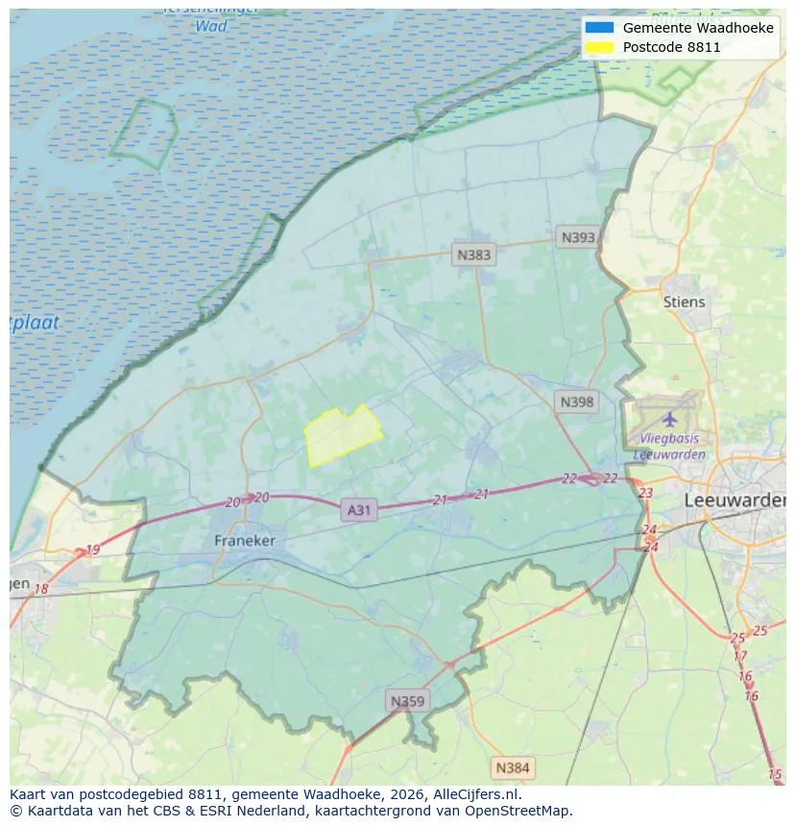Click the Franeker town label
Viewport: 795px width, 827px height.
coord(244,541)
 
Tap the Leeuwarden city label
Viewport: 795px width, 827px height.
coord(734,500)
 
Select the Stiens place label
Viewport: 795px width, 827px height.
coord(684,302)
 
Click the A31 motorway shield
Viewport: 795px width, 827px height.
coord(358,510)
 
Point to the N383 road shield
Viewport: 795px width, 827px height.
coord(473,255)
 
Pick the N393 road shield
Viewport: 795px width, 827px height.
coord(578,237)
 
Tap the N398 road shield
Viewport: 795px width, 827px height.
coord(577,401)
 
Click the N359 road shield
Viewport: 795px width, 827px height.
coord(406,701)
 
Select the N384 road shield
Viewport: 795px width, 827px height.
coord(512,767)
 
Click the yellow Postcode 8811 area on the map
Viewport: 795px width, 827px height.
coord(341,435)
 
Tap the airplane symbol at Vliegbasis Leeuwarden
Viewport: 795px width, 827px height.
coord(669,419)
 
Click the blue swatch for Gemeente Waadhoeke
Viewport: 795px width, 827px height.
coord(598,28)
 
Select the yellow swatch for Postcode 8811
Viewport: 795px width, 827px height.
coord(598,47)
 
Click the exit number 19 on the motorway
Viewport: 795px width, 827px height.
coord(92,550)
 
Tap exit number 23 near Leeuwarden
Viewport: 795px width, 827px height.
coord(645,493)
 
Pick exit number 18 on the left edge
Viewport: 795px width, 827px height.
coord(41,589)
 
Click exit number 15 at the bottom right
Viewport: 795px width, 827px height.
coord(775,774)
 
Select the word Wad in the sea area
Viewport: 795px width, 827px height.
coord(211,26)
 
